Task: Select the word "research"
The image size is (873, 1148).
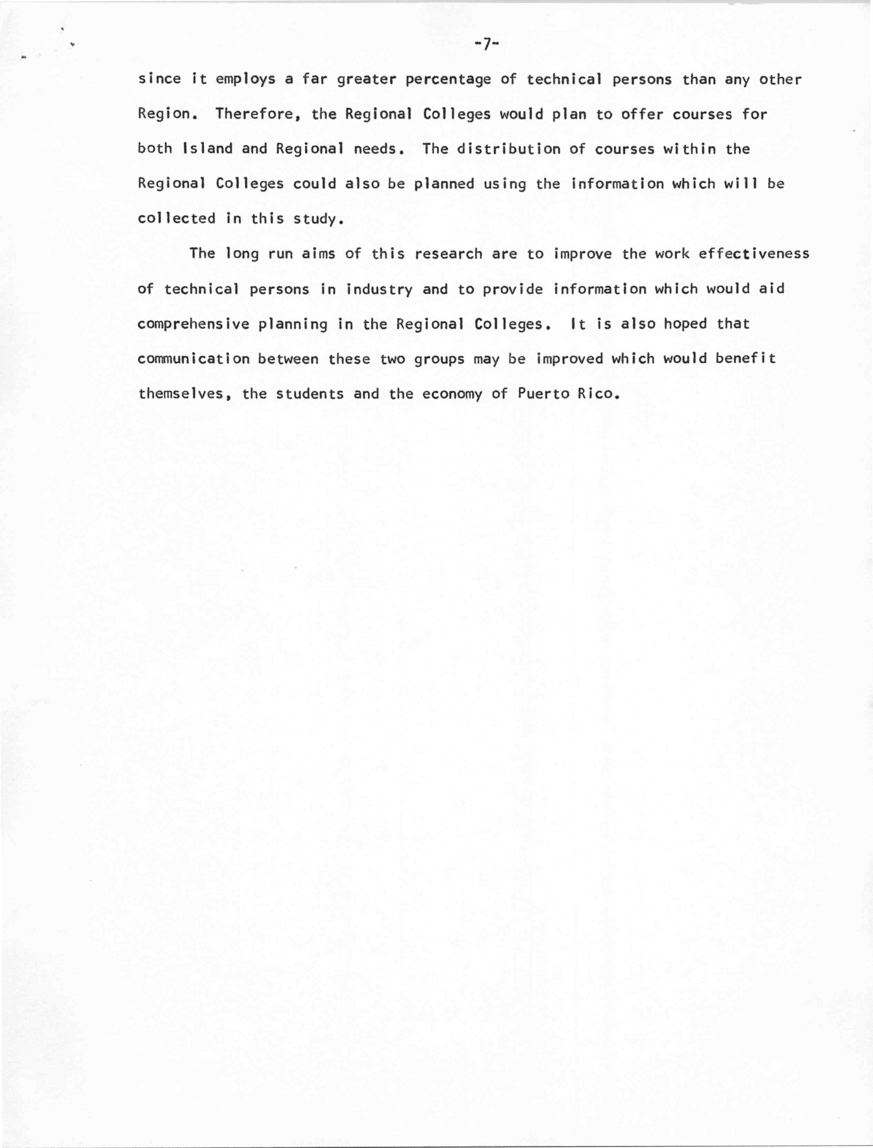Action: coord(449,254)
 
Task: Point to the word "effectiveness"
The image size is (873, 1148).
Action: coord(754,254)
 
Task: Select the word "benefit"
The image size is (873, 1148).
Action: coord(745,359)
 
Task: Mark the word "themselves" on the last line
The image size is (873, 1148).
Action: coord(185,394)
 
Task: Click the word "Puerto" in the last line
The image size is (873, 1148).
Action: coord(543,394)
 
